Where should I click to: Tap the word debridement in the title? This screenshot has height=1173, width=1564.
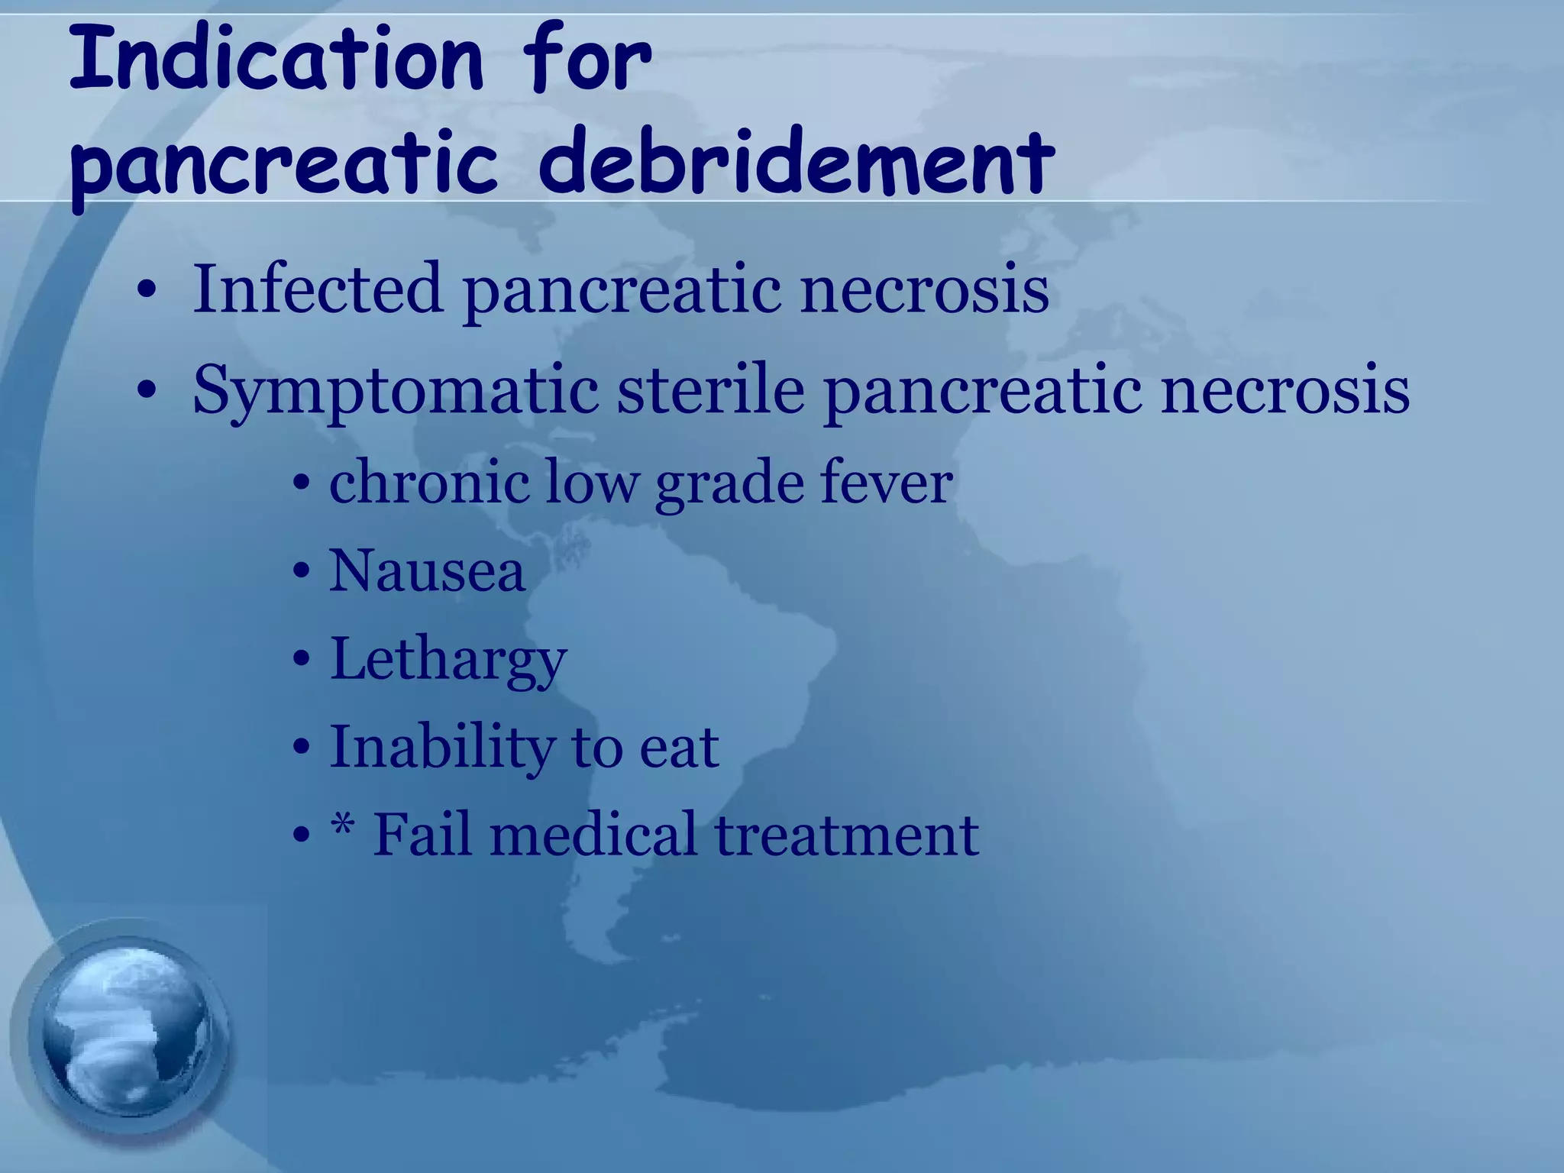point(797,162)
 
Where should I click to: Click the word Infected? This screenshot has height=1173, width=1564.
point(318,289)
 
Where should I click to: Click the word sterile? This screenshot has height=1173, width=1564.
point(710,389)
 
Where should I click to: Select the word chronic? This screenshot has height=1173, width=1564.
point(429,483)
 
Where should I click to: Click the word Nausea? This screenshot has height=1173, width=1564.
point(427,571)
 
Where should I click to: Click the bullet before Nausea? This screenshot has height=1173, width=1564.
point(302,573)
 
